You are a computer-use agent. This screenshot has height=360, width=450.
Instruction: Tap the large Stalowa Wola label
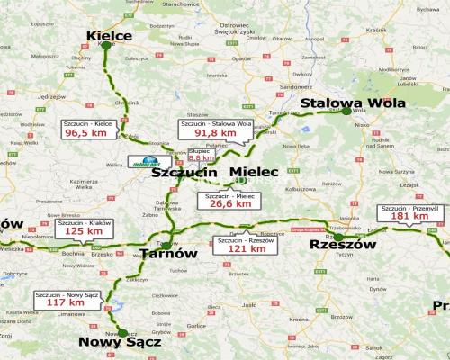tap(353, 103)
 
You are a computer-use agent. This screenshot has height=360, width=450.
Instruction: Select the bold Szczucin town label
tap(184, 173)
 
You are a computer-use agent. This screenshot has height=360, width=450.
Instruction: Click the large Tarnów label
tap(168, 254)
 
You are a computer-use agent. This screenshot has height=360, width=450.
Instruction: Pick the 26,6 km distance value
tap(229, 204)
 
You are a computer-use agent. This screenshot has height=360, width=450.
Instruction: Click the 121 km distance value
tap(246, 249)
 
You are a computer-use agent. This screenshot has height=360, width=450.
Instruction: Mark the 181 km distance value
tap(409, 216)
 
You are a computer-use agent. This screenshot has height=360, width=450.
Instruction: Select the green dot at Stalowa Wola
tap(346, 112)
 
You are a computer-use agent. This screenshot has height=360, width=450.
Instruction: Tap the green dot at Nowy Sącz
tap(122, 333)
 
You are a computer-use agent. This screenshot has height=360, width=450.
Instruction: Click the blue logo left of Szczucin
tap(139, 164)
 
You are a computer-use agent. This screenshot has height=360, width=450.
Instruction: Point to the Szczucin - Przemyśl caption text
tap(409, 208)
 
